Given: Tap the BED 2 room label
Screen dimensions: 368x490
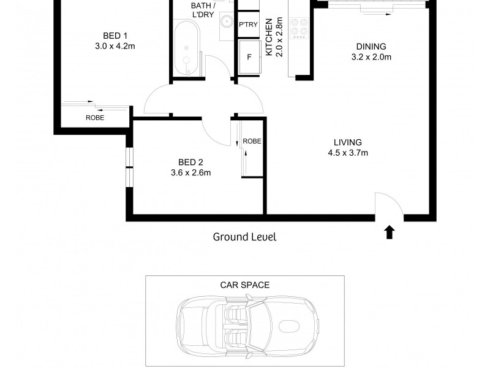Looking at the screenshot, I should coord(190,163).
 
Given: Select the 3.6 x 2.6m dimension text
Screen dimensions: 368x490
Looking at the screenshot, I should coord(190,173).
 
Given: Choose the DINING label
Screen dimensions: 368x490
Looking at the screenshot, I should coord(371,47).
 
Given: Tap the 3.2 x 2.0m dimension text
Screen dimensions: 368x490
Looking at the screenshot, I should coord(371,57).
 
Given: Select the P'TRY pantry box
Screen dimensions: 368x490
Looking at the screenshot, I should coord(248,25).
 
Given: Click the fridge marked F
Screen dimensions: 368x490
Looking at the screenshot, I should coord(249,56).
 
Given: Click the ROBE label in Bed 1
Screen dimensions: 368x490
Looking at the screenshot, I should coord(94,118).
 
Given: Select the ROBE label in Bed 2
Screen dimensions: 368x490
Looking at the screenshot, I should coord(252,141).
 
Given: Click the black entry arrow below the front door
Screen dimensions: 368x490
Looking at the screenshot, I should coord(390,232).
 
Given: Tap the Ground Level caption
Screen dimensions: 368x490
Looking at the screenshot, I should coord(244,237).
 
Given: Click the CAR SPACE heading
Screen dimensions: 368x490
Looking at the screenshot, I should coord(244,285).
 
